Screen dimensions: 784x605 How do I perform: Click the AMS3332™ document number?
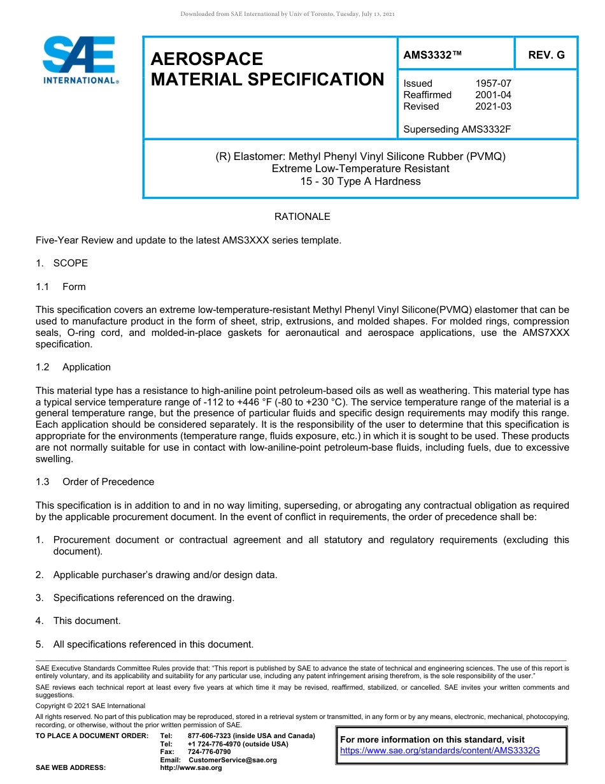(432, 55)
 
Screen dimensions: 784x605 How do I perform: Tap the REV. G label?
(546, 55)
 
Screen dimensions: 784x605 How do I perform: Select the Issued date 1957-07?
(493, 83)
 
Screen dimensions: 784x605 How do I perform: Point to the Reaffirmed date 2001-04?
(493, 95)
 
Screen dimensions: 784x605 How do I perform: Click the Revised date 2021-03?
(493, 106)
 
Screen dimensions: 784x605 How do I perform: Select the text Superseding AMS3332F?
(457, 129)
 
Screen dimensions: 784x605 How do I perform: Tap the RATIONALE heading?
(302, 217)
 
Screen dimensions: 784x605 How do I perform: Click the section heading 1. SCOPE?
(62, 263)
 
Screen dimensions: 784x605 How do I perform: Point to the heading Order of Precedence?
(108, 482)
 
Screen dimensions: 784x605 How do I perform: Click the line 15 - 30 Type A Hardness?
(360, 181)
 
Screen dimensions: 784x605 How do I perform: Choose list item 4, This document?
(87, 621)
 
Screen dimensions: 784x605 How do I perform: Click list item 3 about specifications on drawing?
(143, 598)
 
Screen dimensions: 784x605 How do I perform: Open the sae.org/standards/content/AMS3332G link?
(440, 751)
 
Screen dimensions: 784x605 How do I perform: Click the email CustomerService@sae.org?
(232, 760)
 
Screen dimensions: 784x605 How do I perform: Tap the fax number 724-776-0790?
(209, 752)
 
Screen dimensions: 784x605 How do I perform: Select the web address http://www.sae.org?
(191, 768)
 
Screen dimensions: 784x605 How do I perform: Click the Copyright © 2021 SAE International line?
(90, 706)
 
